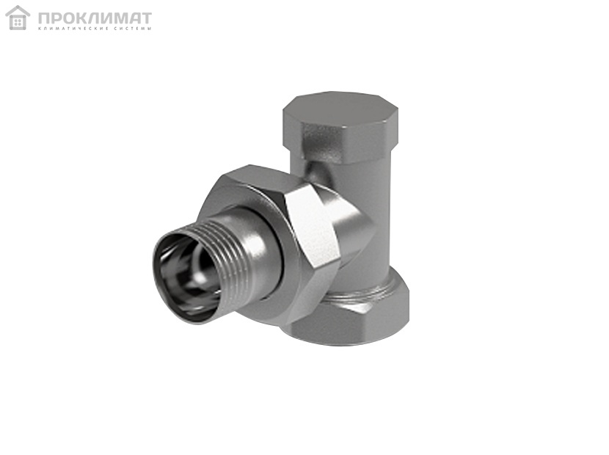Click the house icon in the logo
[18, 18]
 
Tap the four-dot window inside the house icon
[18, 23]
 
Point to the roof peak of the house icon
[18, 6]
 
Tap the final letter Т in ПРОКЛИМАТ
[146, 18]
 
